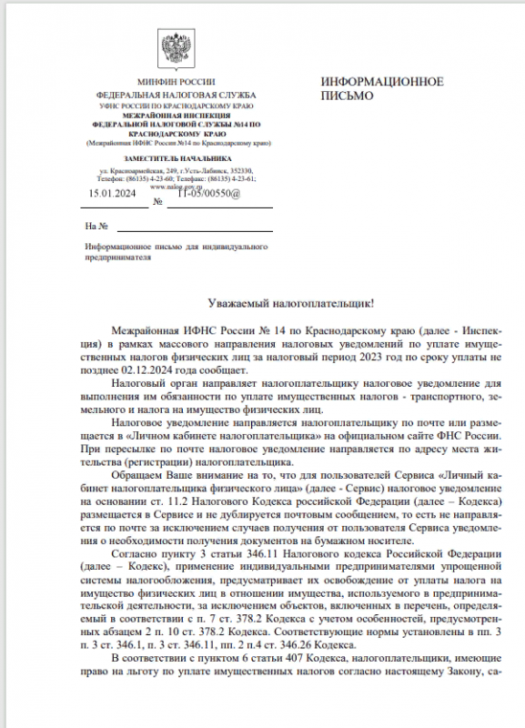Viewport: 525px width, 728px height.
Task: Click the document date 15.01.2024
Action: tap(111, 193)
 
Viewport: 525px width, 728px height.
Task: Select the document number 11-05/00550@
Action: tap(209, 193)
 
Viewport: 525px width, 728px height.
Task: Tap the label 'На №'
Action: tap(96, 226)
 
